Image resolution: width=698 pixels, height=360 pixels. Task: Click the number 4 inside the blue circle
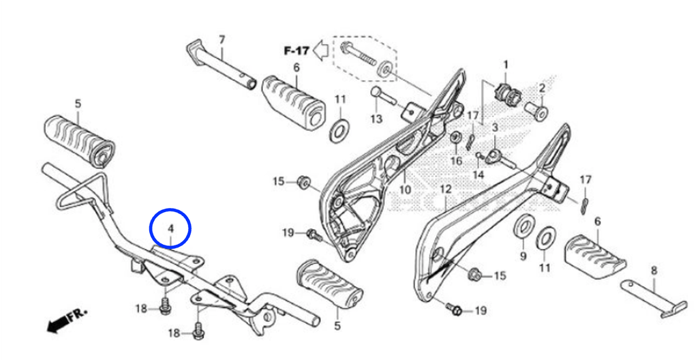(170, 229)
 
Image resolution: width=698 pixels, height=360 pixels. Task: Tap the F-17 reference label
(297, 50)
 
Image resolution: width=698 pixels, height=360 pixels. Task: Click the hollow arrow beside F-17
(320, 50)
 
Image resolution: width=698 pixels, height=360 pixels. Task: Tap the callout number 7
(222, 40)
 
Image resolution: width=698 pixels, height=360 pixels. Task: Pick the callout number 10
(405, 190)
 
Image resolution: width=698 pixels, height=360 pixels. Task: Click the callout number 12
(446, 190)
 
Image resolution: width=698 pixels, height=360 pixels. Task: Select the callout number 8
(654, 271)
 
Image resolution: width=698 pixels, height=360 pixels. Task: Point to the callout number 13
(376, 119)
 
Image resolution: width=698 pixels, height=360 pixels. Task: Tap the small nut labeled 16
(456, 138)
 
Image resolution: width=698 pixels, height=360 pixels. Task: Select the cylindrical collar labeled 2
(536, 110)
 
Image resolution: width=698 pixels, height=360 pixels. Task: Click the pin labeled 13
(384, 95)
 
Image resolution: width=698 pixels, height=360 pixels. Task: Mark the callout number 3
(495, 128)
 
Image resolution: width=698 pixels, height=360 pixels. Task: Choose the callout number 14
(478, 175)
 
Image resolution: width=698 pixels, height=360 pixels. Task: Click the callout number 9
(523, 256)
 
